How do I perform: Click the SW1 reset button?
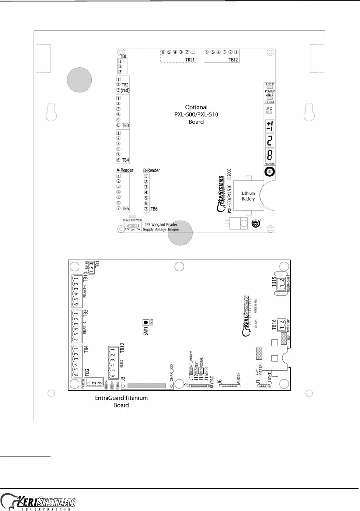(146, 323)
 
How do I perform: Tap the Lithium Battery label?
(248, 196)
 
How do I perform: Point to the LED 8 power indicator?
(270, 88)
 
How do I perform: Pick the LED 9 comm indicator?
(270, 98)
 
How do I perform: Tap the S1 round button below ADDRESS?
(270, 172)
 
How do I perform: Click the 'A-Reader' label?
(125, 170)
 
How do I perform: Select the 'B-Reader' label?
(151, 170)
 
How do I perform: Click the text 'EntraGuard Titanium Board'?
(121, 401)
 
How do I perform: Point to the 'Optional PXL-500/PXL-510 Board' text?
(196, 114)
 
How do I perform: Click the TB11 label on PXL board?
(190, 59)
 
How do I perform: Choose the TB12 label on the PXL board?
(233, 59)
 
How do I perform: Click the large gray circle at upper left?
(79, 80)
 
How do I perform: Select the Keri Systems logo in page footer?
(38, 502)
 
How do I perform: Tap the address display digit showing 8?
(270, 154)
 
